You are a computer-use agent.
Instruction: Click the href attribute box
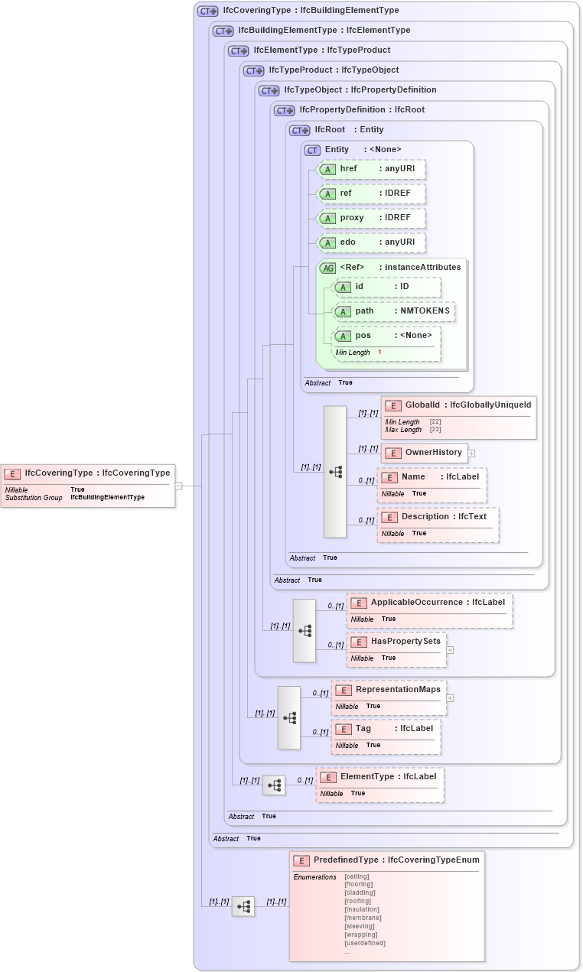point(371,168)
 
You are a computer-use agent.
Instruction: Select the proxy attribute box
point(371,218)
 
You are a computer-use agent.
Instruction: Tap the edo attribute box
point(371,242)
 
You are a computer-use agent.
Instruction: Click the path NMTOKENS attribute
point(394,311)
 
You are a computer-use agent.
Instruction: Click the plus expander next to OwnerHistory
point(471,453)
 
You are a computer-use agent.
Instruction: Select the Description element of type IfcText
point(437,517)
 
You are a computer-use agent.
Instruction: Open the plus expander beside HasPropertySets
point(450,649)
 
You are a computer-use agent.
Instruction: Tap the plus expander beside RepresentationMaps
point(450,697)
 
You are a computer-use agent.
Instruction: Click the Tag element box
point(386,729)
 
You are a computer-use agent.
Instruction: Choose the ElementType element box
point(379,777)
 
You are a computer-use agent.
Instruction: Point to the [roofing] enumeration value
point(358,901)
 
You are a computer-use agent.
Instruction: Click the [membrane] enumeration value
point(363,918)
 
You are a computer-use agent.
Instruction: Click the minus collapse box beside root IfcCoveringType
point(178,485)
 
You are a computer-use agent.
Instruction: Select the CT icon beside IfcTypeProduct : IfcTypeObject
point(253,70)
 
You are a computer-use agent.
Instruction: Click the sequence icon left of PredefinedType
point(243,906)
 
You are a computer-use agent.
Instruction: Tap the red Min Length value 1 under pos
point(379,352)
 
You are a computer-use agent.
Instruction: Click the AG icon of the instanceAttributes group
point(327,268)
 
